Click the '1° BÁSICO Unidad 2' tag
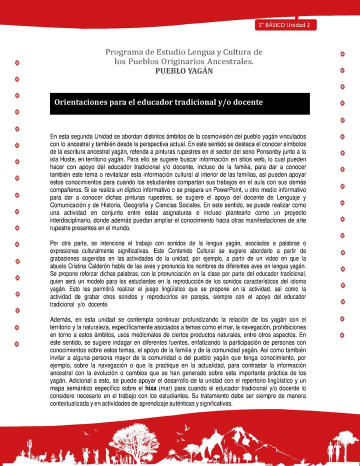tap(284, 25)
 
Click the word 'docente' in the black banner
tap(246, 102)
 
